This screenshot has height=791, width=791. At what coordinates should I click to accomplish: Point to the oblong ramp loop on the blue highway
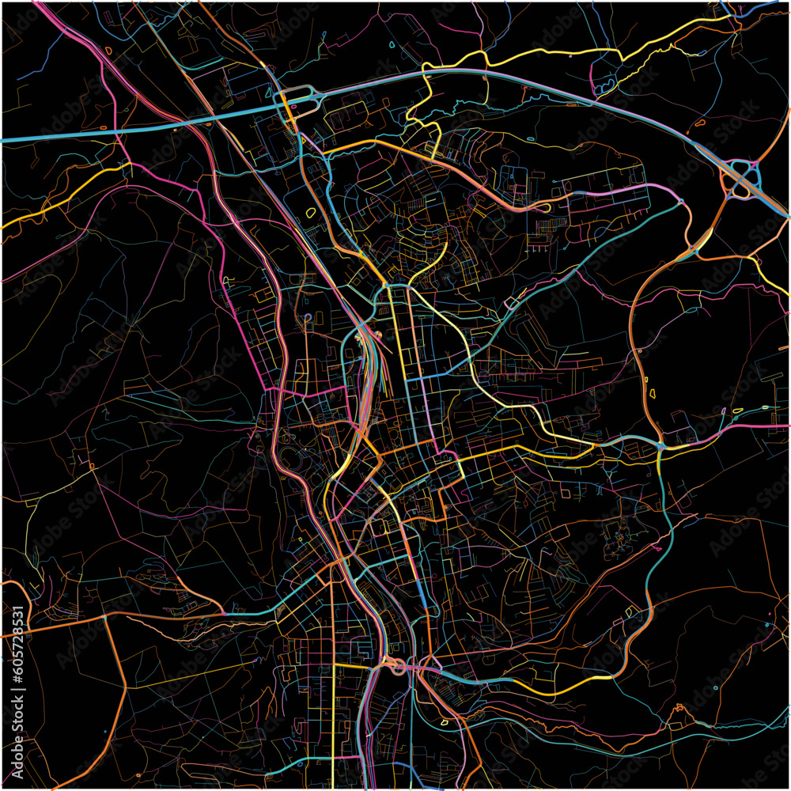coord(298,96)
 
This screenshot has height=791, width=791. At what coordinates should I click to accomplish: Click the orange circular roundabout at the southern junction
coord(394,667)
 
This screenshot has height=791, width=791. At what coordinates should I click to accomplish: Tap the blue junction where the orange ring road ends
coord(660,448)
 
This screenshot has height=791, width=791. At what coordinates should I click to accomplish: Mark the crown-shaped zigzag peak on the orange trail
coord(679,709)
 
